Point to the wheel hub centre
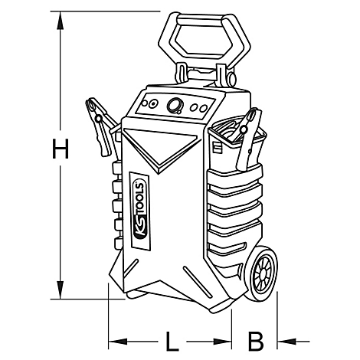(x=262, y=274)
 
